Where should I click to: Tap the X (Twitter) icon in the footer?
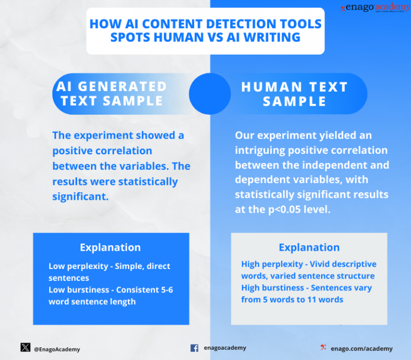click(25, 347)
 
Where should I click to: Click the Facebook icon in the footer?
click(194, 348)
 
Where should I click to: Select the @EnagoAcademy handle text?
click(57, 349)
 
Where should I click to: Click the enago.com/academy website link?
click(361, 348)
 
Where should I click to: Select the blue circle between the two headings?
click(210, 94)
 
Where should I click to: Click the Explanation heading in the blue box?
click(110, 247)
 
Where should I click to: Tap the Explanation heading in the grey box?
click(309, 247)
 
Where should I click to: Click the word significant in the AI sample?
click(80, 196)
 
